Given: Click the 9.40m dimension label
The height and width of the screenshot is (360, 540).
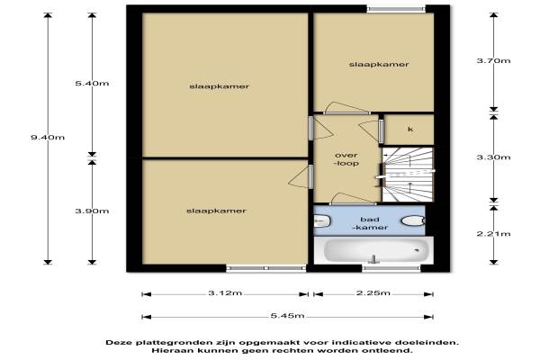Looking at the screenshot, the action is pos(48,138).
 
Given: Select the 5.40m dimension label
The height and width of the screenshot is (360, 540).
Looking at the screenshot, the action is pos(92,84).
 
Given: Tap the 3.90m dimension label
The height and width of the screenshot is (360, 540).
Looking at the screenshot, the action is pos(92,211).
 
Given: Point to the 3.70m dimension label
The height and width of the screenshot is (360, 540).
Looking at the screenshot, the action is pos(493,60).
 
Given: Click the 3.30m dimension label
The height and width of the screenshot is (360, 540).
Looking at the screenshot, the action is pos(493,157).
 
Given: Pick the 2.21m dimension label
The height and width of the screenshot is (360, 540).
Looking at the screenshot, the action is pos(493,234).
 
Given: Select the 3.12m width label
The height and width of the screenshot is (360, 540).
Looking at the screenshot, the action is pos(225,293).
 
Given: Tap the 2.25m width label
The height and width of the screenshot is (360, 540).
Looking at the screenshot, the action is pos(373,293).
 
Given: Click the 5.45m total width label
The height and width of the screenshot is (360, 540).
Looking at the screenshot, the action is pos(288,316).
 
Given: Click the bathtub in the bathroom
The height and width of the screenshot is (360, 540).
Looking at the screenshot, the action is pos(377,249).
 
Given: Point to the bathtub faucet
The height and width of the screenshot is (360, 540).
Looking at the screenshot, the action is pos(373,258).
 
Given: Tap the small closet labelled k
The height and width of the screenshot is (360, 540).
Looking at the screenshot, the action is pos(409,130).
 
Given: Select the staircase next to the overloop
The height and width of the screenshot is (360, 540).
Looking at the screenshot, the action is pos(408,175).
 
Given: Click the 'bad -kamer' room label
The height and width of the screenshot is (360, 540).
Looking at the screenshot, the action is pos(370,223).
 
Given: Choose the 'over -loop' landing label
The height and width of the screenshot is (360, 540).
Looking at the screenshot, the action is pos(346,159).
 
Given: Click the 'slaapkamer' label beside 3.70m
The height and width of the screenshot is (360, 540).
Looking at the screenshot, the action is pos(379,65).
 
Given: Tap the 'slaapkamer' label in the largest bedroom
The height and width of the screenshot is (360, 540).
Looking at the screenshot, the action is pos(219,86).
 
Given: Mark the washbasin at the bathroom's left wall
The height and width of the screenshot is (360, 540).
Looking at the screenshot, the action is pos(322,220).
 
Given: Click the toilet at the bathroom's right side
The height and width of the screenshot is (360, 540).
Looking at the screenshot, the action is pos(413,220).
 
